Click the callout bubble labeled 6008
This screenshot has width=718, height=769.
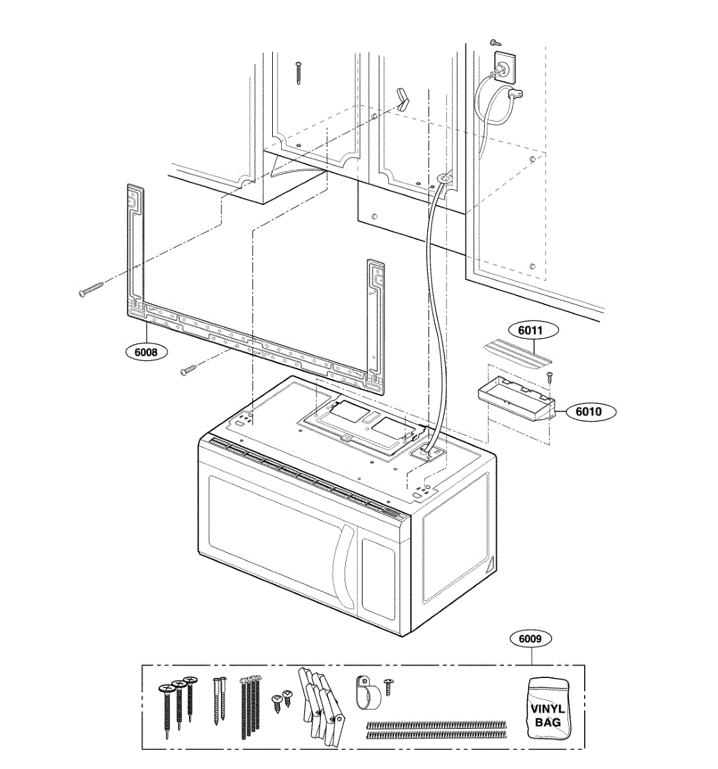147,352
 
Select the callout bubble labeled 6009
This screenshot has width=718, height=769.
530,638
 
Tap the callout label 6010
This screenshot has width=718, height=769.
588,411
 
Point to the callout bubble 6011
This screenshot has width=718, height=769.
530,331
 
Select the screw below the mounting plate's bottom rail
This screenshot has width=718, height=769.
189,369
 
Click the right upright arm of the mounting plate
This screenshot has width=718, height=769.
375,320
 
